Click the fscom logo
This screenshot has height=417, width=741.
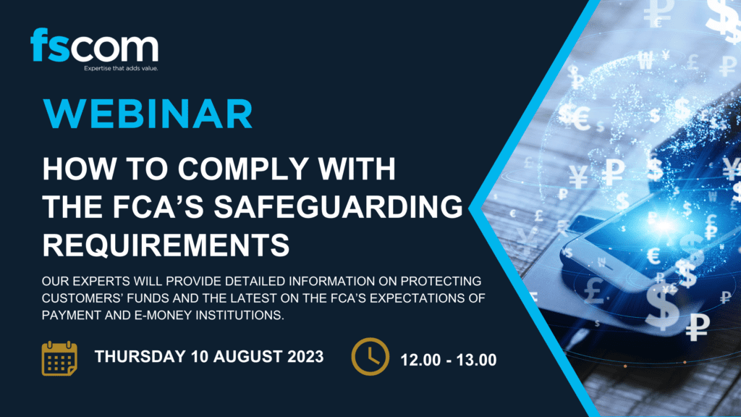coord(95,49)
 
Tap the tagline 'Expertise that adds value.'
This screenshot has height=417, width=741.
coord(121,69)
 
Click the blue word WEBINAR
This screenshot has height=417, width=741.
coord(148,114)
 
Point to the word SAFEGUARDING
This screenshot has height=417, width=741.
coord(339,206)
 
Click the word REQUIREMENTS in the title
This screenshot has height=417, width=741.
coord(166,245)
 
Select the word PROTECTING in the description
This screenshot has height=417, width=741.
coord(441,282)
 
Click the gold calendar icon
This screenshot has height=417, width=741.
coord(59,358)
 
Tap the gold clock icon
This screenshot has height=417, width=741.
coord(370,356)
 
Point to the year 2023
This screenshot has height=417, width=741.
coord(305,356)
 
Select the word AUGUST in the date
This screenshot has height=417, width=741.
coord(247,356)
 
